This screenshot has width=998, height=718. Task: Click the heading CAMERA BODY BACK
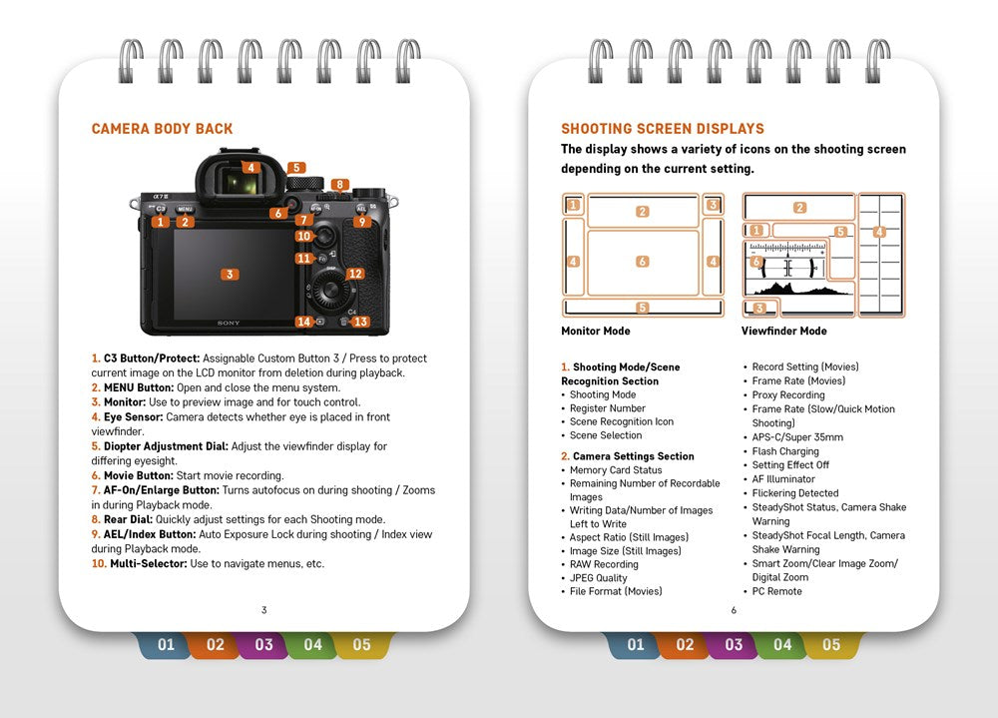(162, 129)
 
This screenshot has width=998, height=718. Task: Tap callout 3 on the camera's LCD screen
(230, 275)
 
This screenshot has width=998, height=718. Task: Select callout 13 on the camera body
(360, 322)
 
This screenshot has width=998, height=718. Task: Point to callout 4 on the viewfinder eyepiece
(251, 168)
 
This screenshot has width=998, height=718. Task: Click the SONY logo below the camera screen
(230, 324)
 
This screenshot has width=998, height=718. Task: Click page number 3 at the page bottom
(263, 610)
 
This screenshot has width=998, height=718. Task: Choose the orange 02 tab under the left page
(215, 645)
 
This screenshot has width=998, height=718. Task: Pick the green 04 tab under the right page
(782, 645)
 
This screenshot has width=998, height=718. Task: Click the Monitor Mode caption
(596, 332)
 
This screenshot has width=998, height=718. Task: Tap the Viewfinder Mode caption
(783, 332)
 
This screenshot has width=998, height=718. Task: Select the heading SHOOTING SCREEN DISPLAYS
(663, 129)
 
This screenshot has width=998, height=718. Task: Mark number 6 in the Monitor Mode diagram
(642, 262)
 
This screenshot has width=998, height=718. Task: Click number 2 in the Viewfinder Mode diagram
(799, 208)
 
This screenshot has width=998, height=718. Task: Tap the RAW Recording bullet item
(604, 564)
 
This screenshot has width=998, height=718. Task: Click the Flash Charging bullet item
(785, 451)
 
